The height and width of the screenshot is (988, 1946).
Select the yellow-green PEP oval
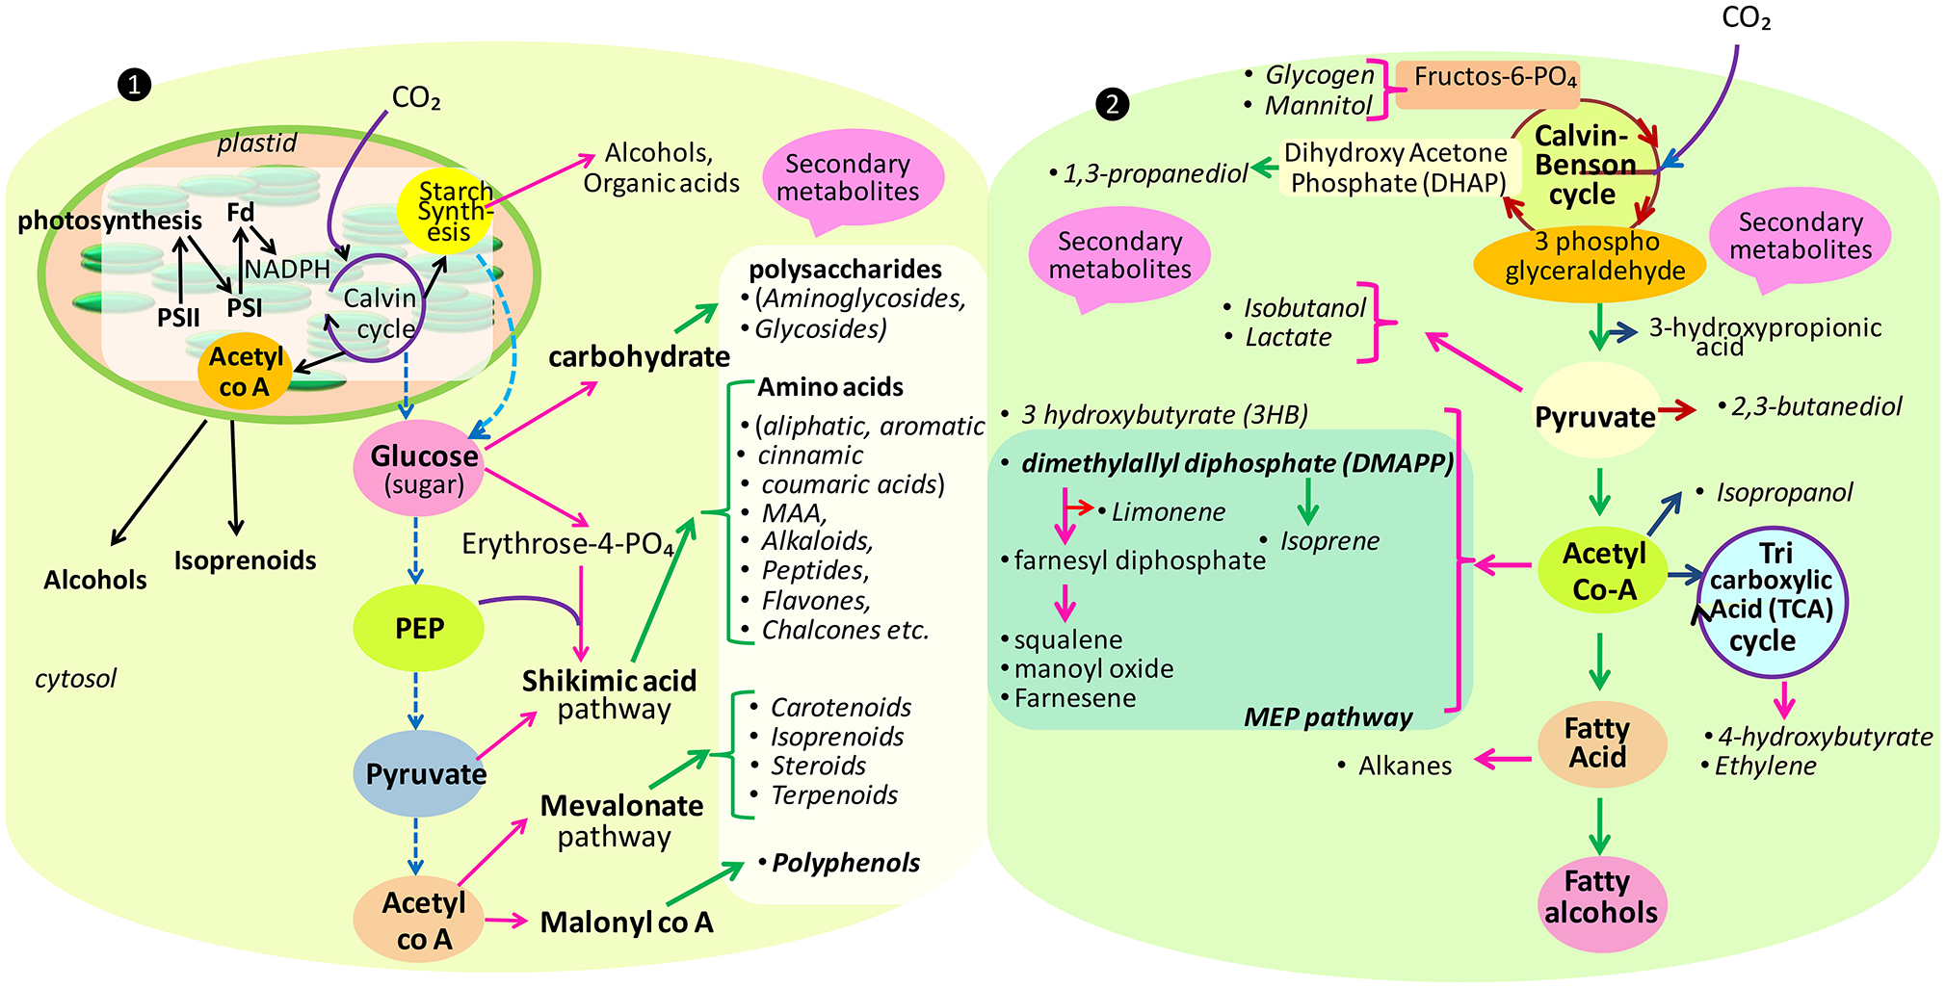coord(419,629)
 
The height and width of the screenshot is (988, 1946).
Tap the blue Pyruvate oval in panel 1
coord(424,774)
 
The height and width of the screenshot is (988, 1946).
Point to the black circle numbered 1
coord(134,85)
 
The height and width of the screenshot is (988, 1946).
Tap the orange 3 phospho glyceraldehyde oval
coord(1595,258)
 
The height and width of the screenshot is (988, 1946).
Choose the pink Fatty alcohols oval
coord(1600,898)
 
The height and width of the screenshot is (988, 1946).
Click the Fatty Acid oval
coord(1598,743)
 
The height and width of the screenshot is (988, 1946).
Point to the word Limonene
coord(1168,512)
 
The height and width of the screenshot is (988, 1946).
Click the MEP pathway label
coord(1328,717)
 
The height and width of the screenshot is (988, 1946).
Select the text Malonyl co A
coord(626,923)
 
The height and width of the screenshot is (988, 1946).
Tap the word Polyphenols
coord(845,863)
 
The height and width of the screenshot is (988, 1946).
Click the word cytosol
coord(75,679)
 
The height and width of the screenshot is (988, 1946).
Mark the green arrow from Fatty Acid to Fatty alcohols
coord(1599,826)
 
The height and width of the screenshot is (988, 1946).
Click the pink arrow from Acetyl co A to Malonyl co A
coord(507,921)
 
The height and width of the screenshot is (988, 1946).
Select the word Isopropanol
coord(1783,493)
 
